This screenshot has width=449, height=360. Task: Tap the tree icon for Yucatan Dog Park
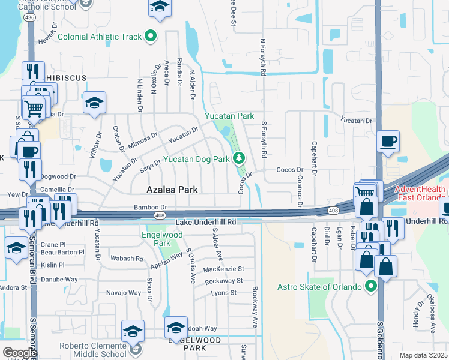click(239, 158)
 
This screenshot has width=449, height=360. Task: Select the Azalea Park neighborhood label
click(173, 190)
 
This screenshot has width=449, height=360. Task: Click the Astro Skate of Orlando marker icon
click(371, 286)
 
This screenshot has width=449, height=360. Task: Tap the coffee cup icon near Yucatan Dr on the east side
click(388, 142)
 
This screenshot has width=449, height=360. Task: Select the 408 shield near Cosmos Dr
click(333, 211)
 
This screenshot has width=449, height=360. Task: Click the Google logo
click(19, 352)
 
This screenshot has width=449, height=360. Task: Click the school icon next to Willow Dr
click(95, 103)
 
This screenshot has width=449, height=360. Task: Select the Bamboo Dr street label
click(150, 207)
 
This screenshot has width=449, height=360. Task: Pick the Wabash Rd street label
click(127, 259)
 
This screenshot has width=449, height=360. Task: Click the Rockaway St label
click(223, 281)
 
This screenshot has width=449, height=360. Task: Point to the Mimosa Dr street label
click(143, 140)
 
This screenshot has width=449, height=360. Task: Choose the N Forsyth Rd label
click(262, 57)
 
